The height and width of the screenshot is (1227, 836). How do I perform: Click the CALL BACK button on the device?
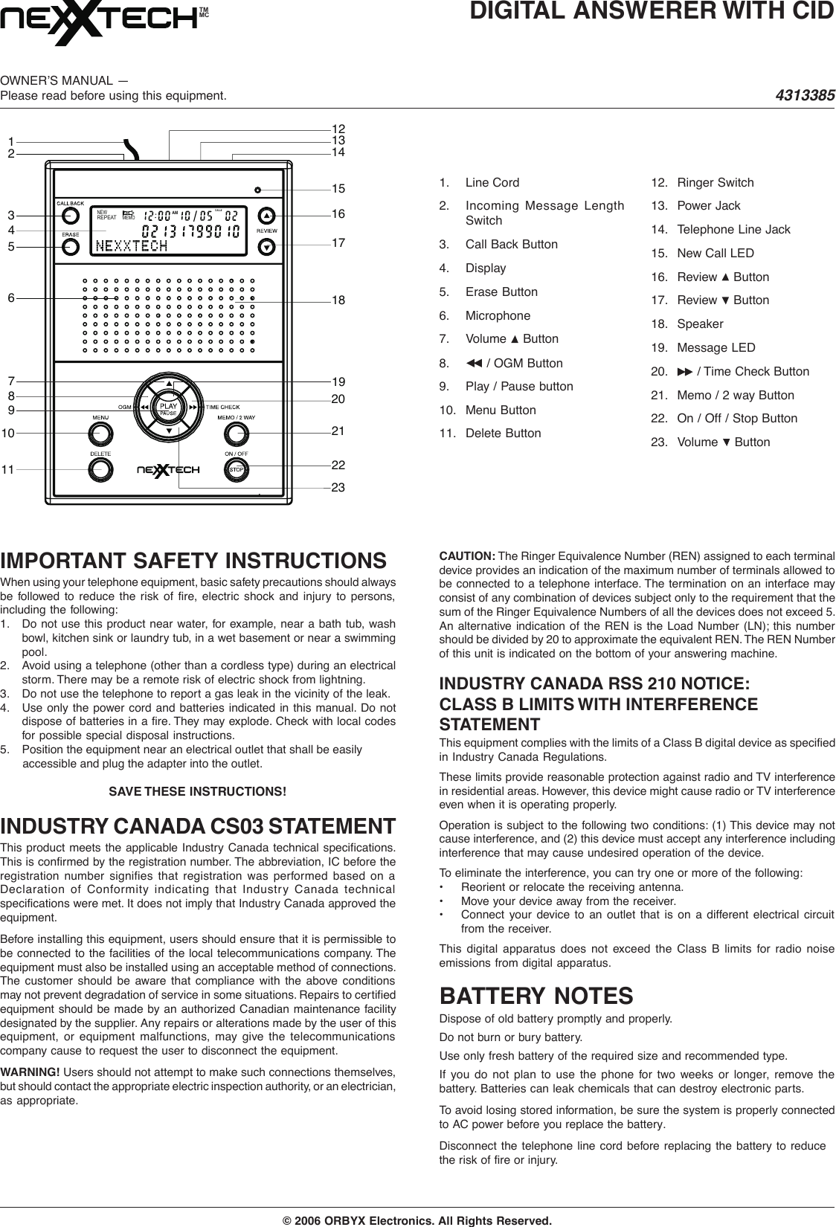71,216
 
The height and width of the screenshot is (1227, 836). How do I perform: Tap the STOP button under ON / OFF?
237,469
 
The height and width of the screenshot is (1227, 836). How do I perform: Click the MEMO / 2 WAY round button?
237,433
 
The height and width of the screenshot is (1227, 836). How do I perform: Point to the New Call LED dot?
256,188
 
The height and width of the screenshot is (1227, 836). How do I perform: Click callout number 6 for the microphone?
11,297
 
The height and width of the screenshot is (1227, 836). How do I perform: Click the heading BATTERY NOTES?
536,994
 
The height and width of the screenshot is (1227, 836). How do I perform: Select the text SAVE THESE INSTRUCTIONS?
197,790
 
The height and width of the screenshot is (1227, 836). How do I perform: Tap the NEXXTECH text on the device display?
132,245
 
